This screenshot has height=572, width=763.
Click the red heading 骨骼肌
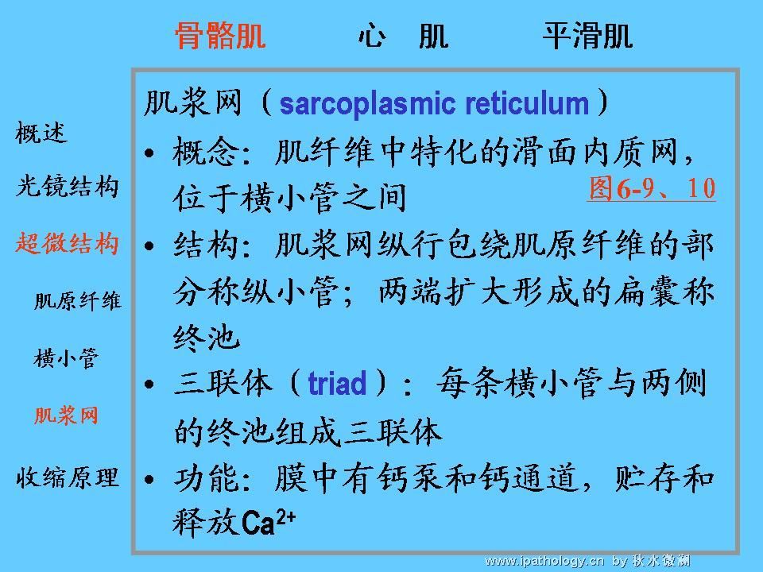click(x=220, y=36)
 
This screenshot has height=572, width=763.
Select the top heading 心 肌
click(x=404, y=36)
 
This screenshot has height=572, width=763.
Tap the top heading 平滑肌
click(x=587, y=36)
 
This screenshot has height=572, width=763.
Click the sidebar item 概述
click(x=41, y=133)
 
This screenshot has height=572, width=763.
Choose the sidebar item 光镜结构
click(x=67, y=186)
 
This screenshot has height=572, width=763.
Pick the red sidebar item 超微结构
click(x=67, y=243)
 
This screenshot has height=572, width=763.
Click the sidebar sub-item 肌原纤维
click(x=77, y=300)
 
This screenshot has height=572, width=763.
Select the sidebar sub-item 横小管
click(x=66, y=358)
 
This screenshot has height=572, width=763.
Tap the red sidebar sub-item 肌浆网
click(x=66, y=415)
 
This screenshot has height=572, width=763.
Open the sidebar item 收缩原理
click(x=67, y=477)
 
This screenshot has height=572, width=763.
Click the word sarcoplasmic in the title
click(x=367, y=103)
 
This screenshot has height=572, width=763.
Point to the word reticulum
click(x=526, y=103)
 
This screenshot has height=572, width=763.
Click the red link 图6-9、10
click(x=652, y=188)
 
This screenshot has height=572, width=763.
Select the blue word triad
click(x=337, y=383)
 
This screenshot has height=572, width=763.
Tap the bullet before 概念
click(x=149, y=153)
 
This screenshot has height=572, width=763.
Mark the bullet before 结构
click(x=149, y=245)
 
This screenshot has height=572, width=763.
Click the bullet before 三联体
click(x=149, y=385)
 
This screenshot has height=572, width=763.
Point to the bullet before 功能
click(x=149, y=480)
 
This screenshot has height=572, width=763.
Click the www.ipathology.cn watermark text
click(x=544, y=562)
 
